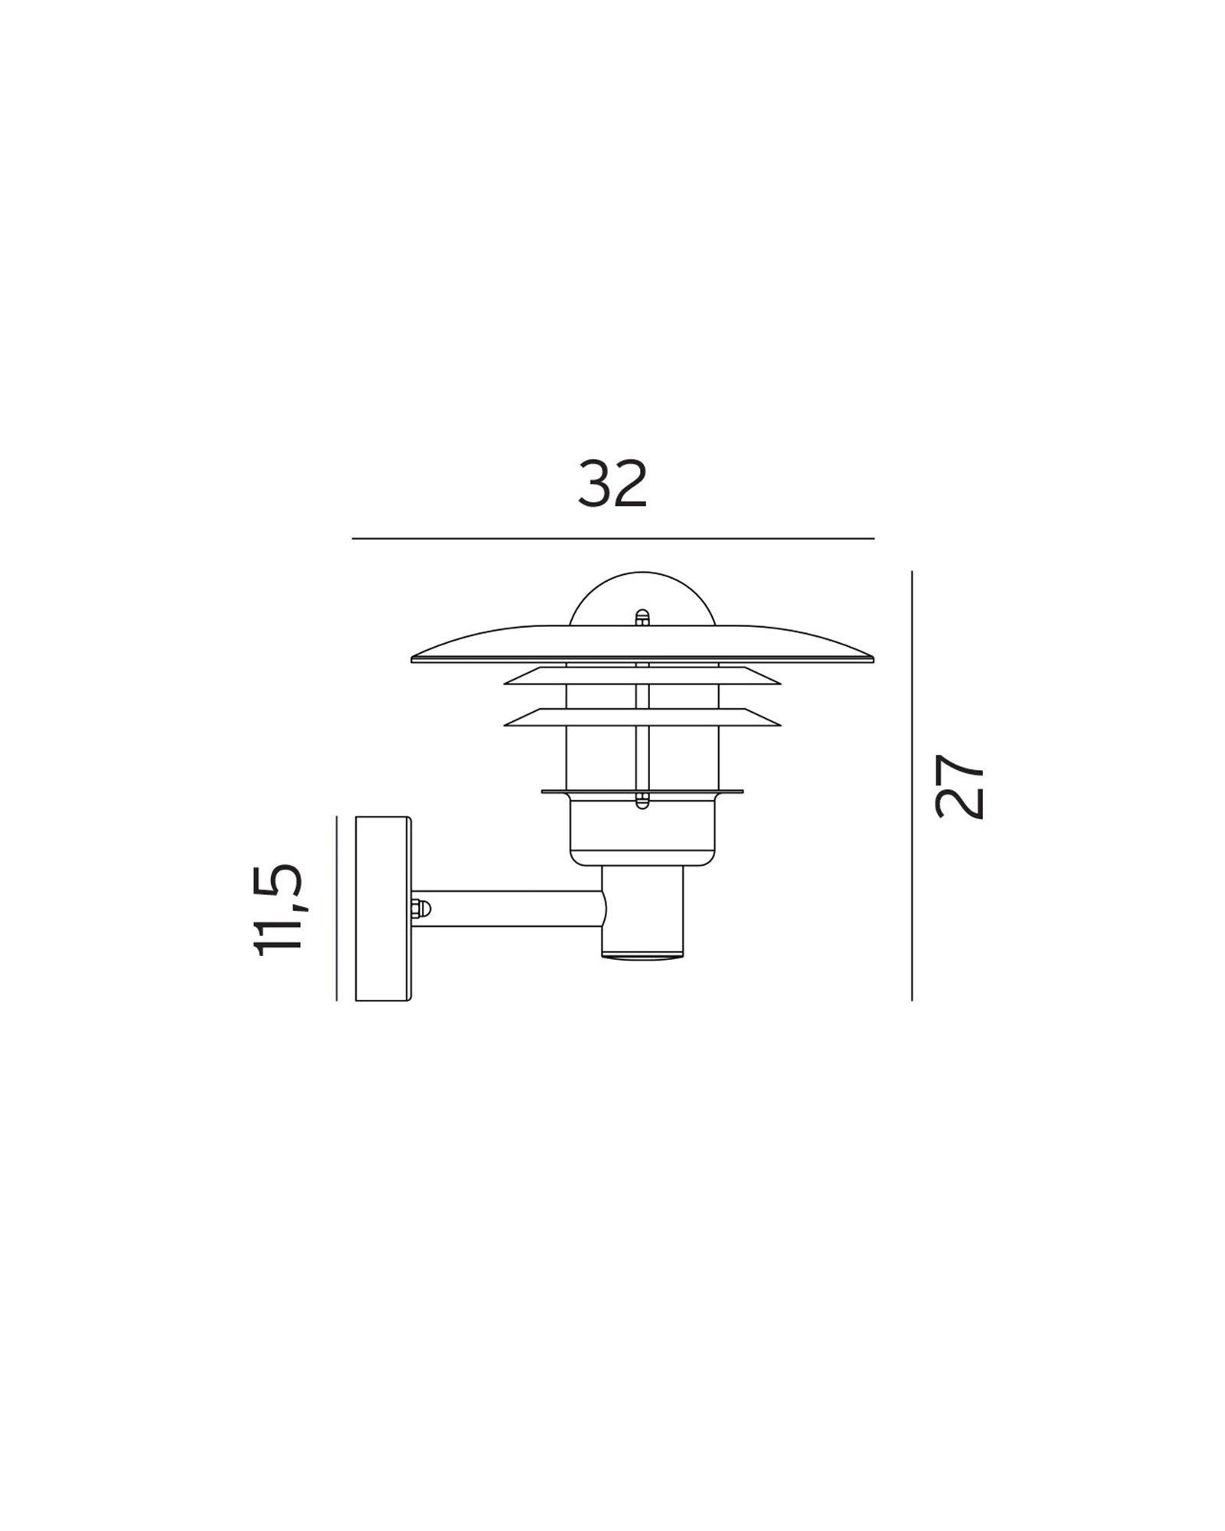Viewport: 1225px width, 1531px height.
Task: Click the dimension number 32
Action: click(612, 485)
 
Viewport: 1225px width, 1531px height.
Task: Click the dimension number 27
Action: click(959, 786)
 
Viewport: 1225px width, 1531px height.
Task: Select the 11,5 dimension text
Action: click(279, 909)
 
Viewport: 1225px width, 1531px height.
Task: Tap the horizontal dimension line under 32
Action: click(612, 539)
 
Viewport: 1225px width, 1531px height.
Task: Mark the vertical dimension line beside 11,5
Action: click(337, 909)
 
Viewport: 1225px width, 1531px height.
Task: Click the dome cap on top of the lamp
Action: click(642, 597)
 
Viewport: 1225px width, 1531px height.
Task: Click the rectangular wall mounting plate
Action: click(384, 909)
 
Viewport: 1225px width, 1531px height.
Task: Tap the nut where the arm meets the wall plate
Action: click(420, 909)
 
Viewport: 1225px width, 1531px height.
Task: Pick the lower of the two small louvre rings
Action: click(642, 717)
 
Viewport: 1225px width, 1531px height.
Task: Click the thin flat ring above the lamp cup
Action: click(642, 792)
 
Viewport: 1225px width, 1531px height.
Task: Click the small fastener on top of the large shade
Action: click(642, 617)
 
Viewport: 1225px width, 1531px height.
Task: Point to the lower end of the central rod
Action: click(642, 801)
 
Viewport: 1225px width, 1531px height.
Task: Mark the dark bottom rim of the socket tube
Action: click(642, 955)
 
